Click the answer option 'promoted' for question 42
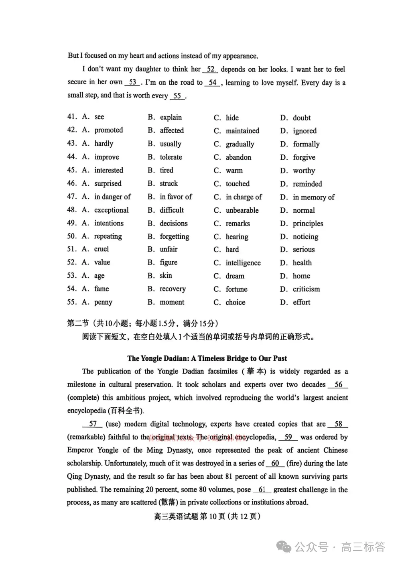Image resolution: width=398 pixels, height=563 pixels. [108, 130]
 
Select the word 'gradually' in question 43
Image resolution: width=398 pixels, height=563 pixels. [240, 144]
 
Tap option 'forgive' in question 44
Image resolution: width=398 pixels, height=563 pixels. [304, 157]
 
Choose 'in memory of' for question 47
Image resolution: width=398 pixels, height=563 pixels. [313, 197]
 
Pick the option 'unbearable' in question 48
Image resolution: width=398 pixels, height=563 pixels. [242, 210]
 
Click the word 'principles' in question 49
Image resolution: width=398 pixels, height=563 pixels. [308, 224]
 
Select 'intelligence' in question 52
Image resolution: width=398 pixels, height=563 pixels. [243, 263]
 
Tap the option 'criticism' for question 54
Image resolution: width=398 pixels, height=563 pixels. [306, 289]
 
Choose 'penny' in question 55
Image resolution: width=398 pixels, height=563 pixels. [103, 302]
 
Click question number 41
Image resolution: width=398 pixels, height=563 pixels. [72, 117]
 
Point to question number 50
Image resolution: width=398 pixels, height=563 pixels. [72, 236]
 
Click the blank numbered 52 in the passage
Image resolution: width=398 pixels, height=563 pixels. [211, 69]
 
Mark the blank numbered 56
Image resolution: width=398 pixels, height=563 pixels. [338, 384]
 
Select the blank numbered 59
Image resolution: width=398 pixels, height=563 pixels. [288, 437]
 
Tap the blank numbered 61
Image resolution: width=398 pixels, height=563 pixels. [262, 490]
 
